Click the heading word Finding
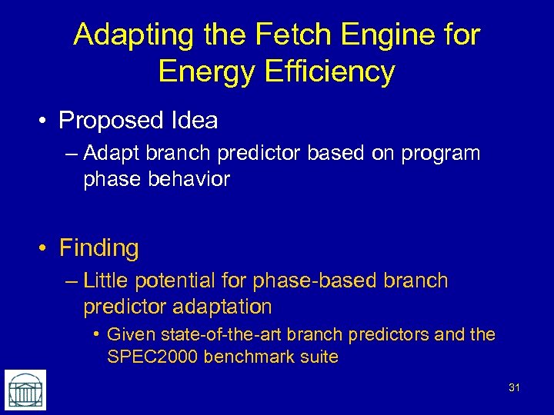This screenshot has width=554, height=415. click(x=98, y=248)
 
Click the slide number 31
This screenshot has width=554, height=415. click(x=514, y=387)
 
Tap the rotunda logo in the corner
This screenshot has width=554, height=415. click(x=25, y=390)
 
